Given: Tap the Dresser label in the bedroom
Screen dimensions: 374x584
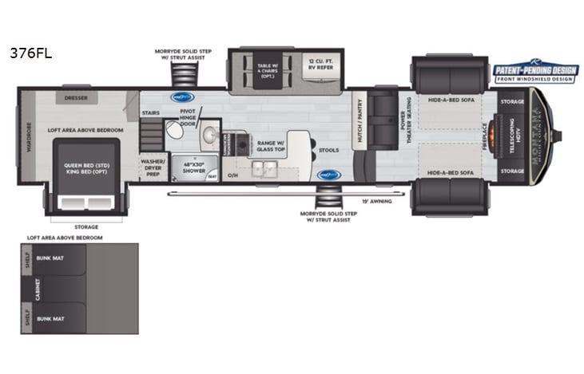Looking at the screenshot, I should tap(77, 98).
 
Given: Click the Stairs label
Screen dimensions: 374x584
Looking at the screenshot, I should tap(150, 114).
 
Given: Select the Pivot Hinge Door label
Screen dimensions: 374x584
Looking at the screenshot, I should tap(188, 118).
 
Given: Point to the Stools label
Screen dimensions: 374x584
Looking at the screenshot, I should tap(328, 150).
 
